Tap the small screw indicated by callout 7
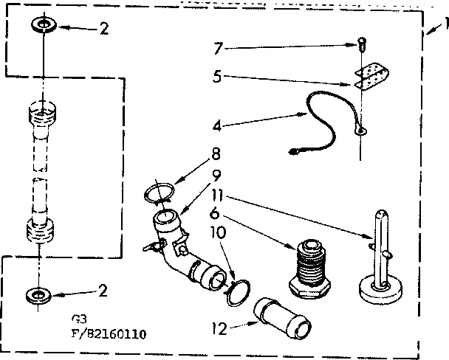[361, 45]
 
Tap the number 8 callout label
[216, 155]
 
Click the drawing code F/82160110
[103, 333]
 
